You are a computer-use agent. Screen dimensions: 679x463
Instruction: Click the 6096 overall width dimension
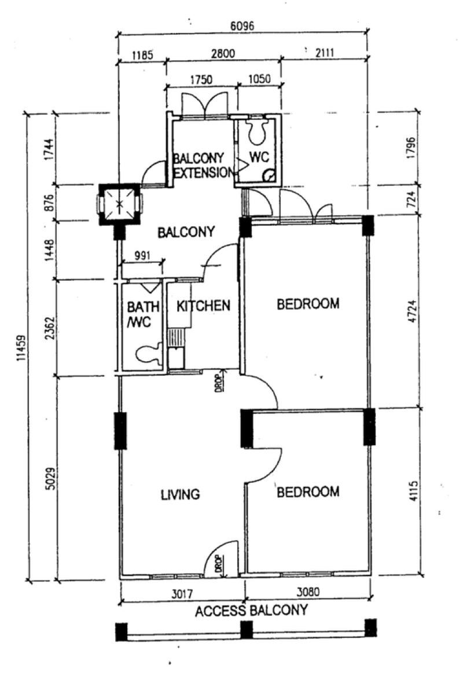click(242, 25)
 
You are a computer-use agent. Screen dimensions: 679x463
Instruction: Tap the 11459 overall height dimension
click(22, 348)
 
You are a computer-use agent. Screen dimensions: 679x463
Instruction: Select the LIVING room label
click(181, 494)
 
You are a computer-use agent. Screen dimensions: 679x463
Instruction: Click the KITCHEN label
click(203, 306)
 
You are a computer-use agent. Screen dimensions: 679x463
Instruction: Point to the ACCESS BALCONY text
click(251, 611)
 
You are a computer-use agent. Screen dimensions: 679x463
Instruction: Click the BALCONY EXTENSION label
click(203, 166)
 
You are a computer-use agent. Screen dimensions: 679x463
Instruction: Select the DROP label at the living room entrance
click(219, 564)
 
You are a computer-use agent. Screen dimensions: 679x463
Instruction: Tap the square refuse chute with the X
click(119, 204)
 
